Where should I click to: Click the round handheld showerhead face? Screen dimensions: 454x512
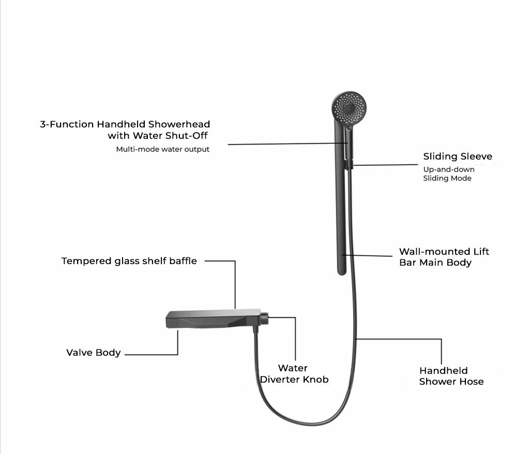coord(350,108)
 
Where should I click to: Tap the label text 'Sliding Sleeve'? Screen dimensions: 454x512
coord(458,156)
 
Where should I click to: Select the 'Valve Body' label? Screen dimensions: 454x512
coord(93,353)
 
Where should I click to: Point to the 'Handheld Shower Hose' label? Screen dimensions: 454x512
coord(451,376)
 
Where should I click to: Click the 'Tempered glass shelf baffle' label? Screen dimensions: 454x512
coord(129,261)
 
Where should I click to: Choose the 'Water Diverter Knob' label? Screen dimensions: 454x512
coord(294,374)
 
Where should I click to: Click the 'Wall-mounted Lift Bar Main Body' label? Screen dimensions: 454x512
coord(444,257)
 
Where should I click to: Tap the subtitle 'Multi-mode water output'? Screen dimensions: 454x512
coord(163,150)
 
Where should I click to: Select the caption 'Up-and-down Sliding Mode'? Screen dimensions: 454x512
coord(448,173)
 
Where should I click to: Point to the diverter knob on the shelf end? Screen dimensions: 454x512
coord(264,318)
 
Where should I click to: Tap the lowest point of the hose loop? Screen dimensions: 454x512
coord(305,424)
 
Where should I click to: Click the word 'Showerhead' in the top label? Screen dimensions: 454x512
coord(180,124)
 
